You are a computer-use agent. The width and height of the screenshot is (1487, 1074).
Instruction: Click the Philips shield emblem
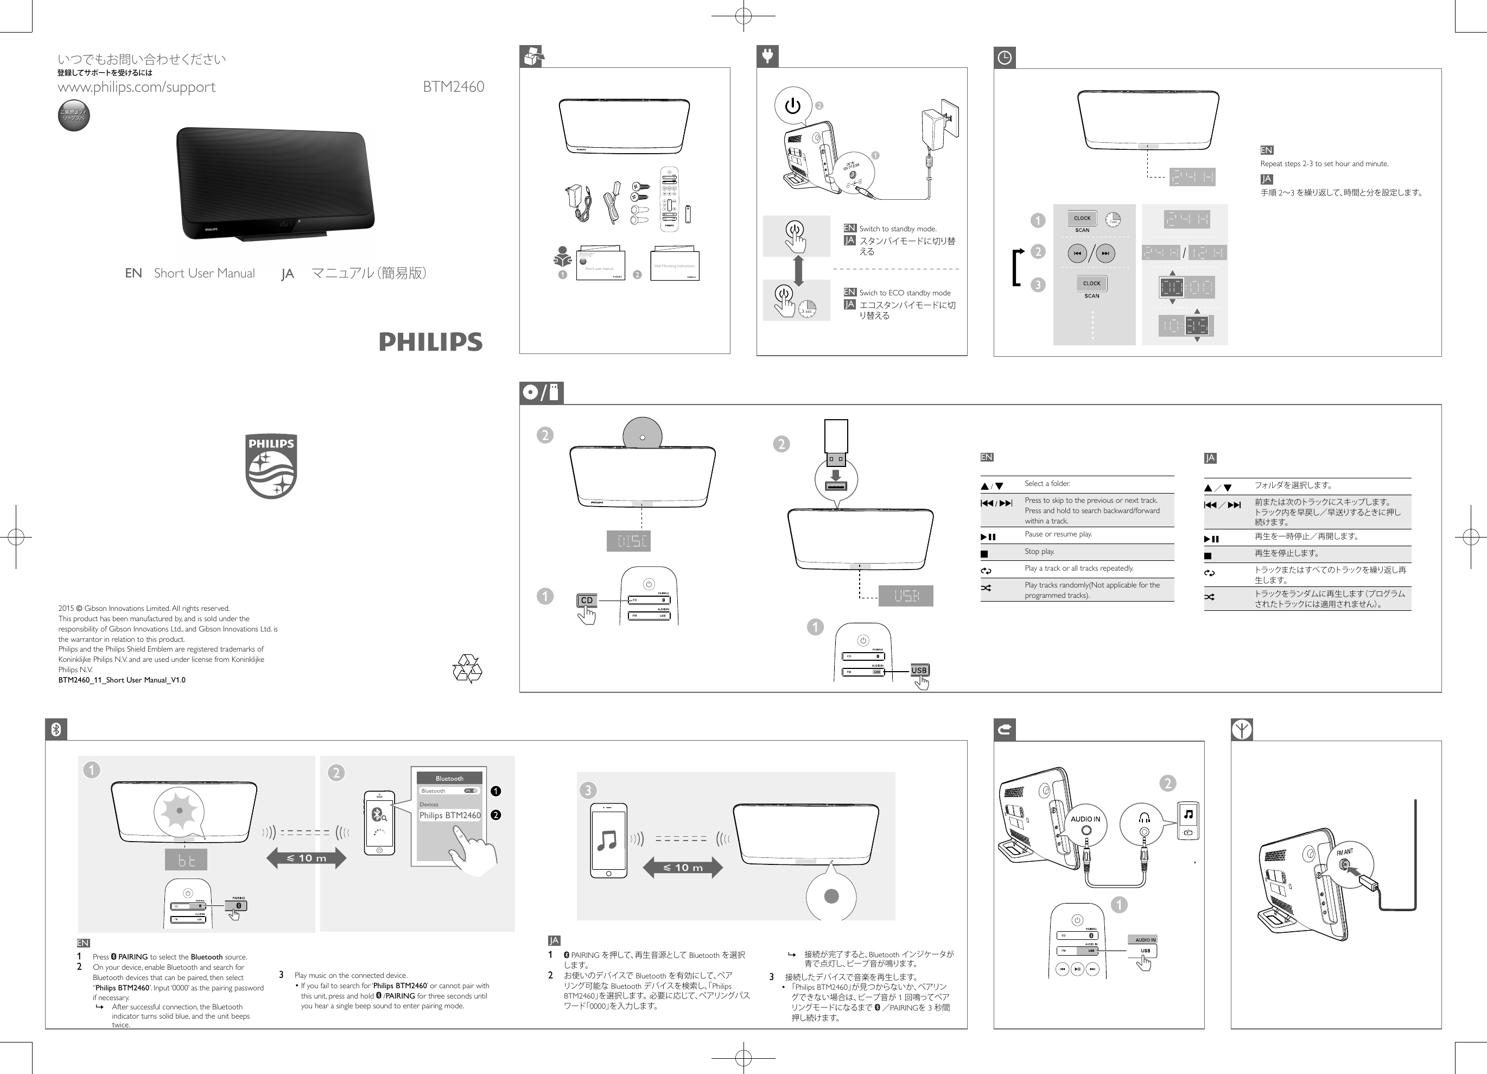[x=271, y=466]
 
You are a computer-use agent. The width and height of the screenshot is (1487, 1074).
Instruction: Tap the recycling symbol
[x=467, y=668]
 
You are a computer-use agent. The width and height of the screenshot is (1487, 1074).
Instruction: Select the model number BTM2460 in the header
[x=453, y=86]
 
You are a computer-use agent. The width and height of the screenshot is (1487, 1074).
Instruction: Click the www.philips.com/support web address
[x=136, y=86]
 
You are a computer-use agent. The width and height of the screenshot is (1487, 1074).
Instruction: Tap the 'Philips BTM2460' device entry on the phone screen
[x=450, y=816]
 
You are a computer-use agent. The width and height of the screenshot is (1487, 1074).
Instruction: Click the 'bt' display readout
[x=186, y=860]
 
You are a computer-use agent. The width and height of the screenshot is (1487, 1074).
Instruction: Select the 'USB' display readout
[x=906, y=596]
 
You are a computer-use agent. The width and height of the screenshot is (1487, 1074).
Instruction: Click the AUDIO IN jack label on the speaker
[x=1085, y=819]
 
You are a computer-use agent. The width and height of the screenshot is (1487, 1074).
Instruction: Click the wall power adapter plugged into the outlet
[x=941, y=120]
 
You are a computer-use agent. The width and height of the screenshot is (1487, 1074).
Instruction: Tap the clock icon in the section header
[x=1005, y=58]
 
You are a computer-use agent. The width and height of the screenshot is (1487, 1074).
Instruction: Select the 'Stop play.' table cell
[x=1039, y=552]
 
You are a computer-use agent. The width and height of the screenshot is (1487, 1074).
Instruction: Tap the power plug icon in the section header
[x=767, y=56]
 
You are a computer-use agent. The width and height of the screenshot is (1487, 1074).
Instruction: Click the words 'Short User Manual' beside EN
[x=204, y=274]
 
